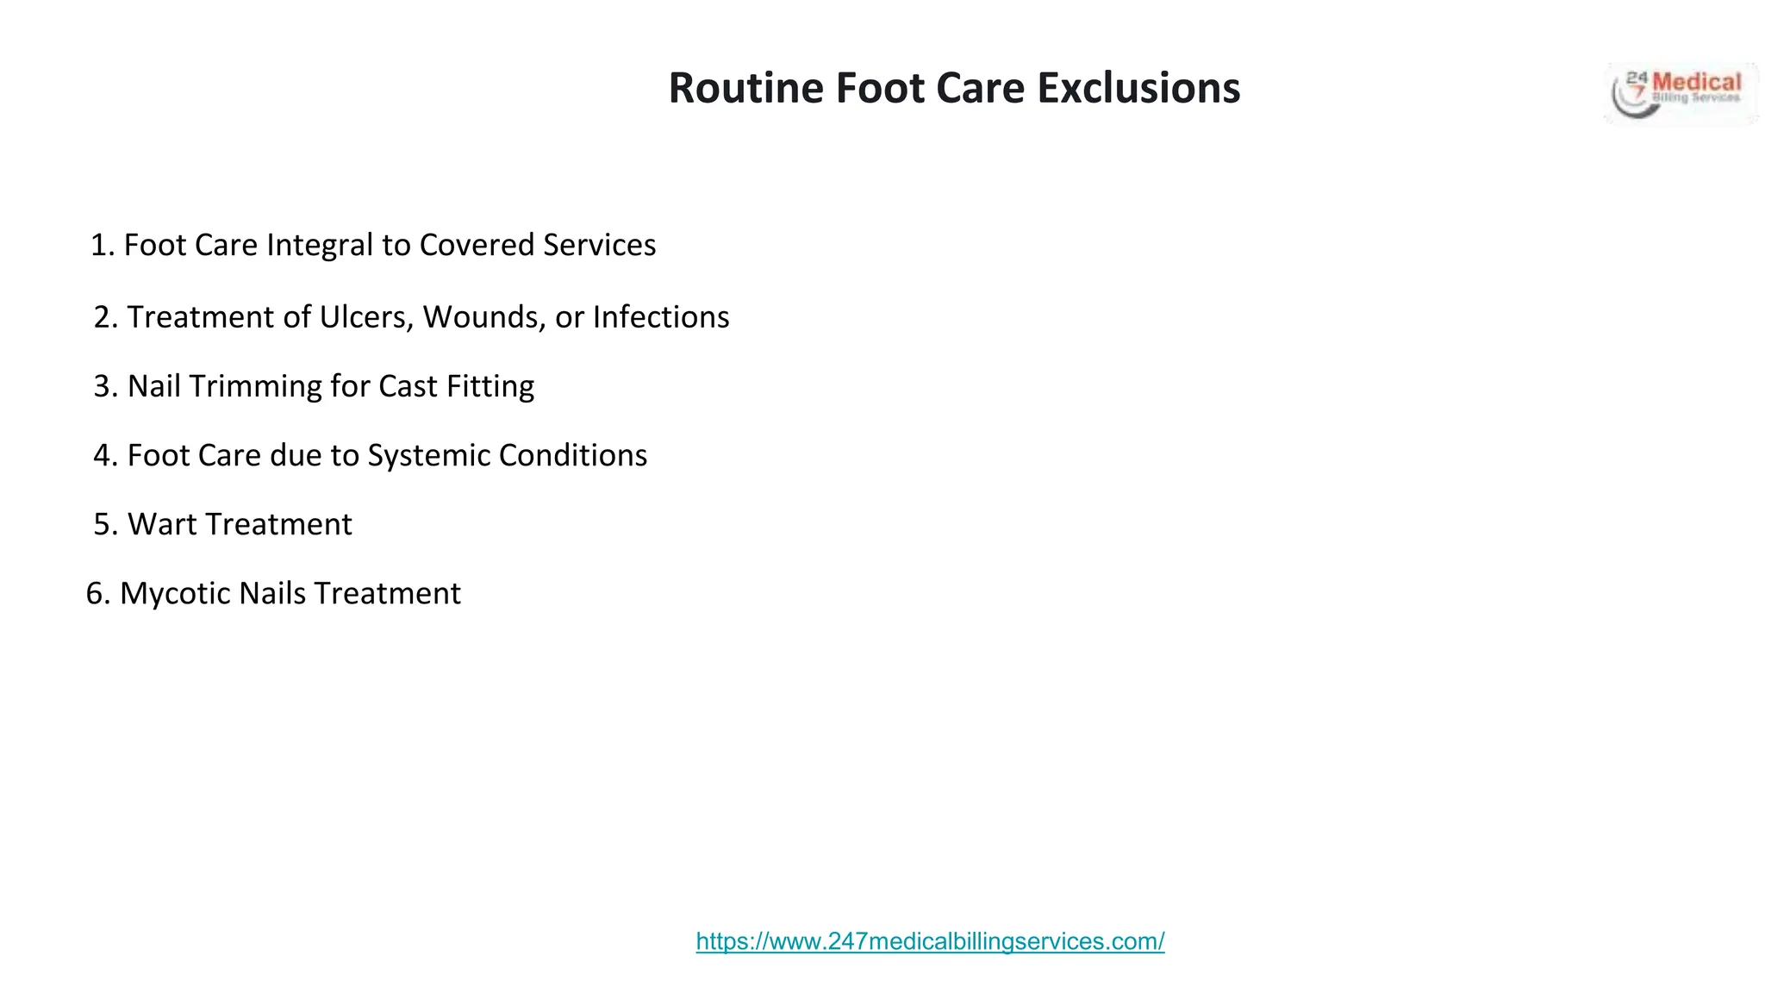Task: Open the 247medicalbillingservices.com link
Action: [x=930, y=941]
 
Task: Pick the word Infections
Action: [x=660, y=317]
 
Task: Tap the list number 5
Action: [x=103, y=524]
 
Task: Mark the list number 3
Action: [x=103, y=386]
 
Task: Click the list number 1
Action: [x=102, y=246]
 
